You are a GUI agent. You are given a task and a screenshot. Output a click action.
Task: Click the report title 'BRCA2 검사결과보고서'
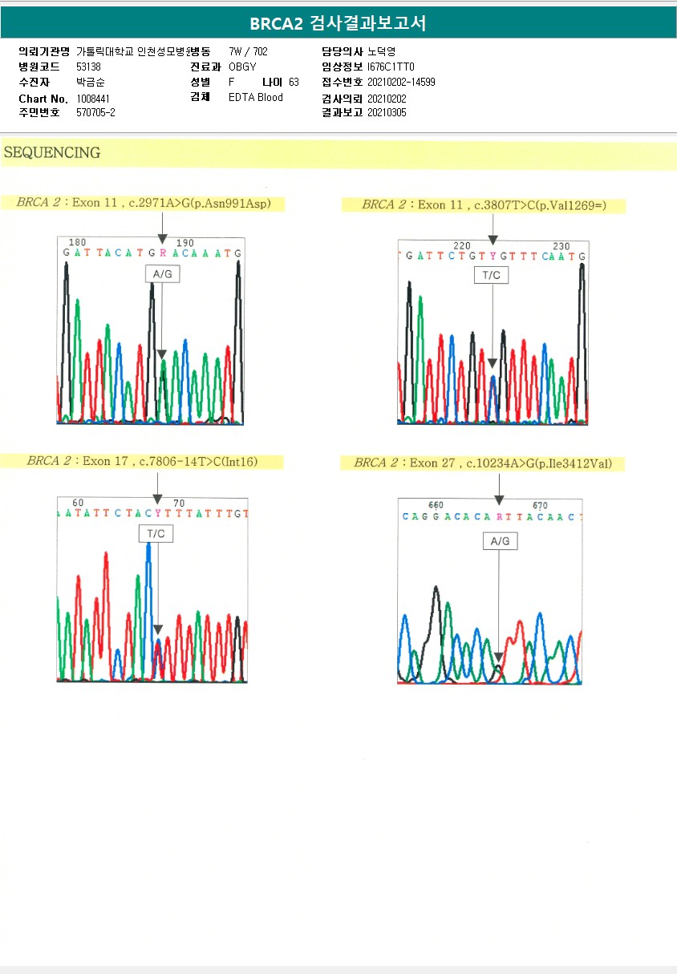coord(338,24)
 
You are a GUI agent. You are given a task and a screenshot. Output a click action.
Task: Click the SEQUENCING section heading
coord(52,152)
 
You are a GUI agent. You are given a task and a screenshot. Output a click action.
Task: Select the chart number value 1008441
coord(93,98)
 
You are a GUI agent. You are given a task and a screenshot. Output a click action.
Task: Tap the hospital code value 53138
coord(88,67)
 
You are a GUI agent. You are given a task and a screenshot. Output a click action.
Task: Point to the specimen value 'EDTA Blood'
coord(255,98)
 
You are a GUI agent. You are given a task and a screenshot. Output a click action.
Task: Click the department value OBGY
coord(242,67)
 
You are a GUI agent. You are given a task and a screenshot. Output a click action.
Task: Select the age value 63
coord(294,83)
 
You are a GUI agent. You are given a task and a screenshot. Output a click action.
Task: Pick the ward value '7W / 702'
coord(248,51)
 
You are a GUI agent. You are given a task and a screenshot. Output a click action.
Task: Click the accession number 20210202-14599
coord(401,83)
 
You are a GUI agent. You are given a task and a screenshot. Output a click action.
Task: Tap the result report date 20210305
coord(387,113)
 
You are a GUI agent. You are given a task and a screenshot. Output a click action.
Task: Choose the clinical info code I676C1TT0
coord(391,67)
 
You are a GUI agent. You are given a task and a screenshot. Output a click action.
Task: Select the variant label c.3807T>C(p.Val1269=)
coord(540,205)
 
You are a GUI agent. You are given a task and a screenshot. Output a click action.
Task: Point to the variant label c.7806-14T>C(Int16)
coord(198,461)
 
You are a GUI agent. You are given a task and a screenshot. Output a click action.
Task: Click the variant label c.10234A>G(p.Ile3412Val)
coord(536,463)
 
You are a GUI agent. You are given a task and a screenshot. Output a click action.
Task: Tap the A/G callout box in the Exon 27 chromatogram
coord(499,541)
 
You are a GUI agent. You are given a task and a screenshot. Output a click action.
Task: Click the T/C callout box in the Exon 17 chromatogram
coord(156,533)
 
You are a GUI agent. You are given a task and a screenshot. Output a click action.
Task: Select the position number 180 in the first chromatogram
coord(78,242)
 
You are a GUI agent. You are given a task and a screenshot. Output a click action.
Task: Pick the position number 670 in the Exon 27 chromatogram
coord(540,506)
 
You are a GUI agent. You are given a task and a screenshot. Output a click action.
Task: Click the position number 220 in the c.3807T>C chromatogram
coord(462,246)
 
